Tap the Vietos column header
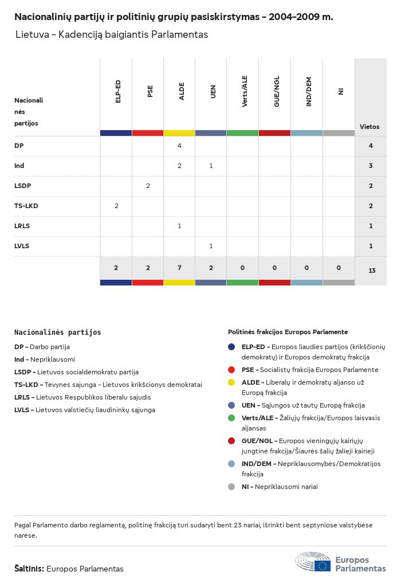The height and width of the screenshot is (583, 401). (369, 127)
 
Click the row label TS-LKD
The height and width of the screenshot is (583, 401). (26, 206)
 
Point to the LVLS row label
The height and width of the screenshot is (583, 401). (22, 246)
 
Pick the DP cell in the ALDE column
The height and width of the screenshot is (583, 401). (179, 146)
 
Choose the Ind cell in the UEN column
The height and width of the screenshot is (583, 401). (211, 166)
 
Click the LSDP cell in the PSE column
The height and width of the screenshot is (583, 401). (148, 186)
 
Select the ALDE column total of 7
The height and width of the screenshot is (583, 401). (179, 268)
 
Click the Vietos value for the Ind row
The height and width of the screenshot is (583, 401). (371, 166)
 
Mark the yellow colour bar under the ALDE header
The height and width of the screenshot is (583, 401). (179, 133)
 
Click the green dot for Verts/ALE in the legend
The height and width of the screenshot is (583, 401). (231, 418)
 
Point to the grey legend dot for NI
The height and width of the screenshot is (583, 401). (231, 487)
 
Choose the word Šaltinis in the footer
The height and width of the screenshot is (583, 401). (29, 569)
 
